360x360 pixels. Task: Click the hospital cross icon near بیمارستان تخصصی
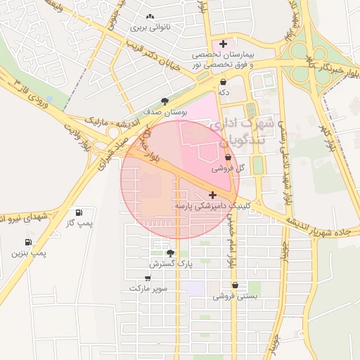[224, 44]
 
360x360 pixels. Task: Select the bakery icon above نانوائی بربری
[149, 17]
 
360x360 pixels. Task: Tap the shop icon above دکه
[224, 82]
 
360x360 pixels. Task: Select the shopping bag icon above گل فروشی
[228, 157]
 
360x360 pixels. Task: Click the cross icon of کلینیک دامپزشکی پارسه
[213, 193]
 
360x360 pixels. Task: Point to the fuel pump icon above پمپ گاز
[78, 212]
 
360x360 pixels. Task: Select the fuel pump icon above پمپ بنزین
[27, 241]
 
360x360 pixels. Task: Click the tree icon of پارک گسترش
[169, 252]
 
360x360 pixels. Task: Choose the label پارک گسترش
[170, 264]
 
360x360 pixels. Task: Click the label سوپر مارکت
[148, 288]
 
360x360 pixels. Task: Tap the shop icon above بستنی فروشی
[234, 285]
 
